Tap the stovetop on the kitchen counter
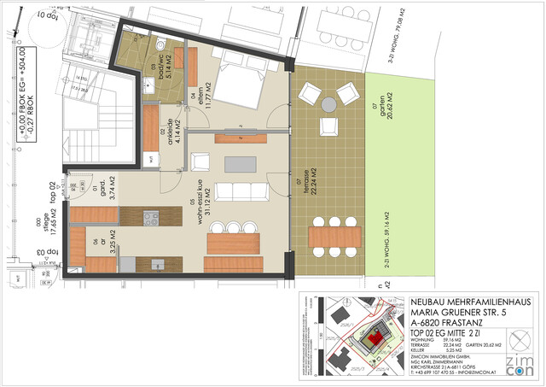150,217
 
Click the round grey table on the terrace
329,105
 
